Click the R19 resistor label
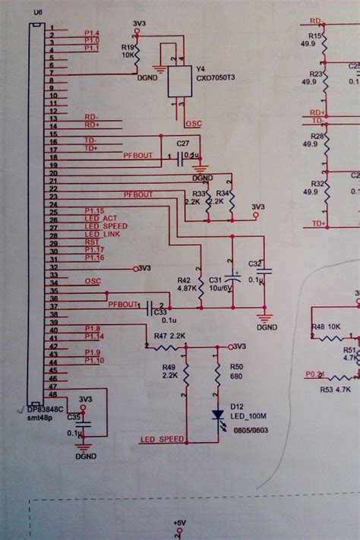coord(128,47)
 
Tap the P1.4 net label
coord(92,32)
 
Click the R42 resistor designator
coord(184,279)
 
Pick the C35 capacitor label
coord(73,417)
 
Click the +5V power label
coord(178,523)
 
